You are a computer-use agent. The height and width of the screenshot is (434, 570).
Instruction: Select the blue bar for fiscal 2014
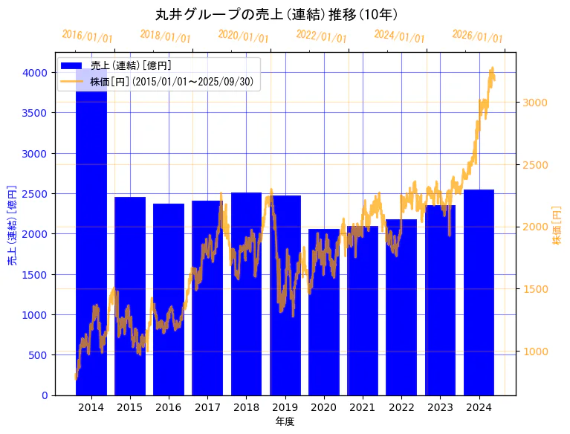91,238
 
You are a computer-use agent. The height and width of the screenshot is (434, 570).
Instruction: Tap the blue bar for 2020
323,312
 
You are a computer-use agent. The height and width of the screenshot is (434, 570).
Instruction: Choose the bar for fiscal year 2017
207,297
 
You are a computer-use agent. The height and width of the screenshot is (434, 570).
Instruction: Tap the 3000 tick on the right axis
535,103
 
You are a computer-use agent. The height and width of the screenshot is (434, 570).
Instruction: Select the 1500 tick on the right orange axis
535,289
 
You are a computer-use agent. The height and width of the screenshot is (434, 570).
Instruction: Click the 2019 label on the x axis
285,407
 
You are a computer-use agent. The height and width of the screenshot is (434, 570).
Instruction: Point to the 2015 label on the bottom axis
129,407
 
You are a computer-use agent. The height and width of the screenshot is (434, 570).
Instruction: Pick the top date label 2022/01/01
321,36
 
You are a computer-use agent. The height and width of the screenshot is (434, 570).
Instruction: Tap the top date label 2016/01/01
87,36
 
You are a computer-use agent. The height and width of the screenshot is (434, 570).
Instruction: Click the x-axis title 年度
285,421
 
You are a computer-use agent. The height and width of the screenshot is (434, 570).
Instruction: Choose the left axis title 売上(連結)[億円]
13,224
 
